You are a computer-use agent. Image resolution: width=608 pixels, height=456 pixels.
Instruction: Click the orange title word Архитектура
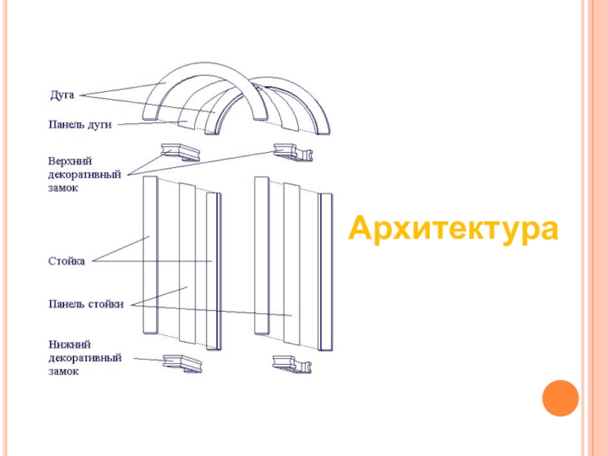coord(453,228)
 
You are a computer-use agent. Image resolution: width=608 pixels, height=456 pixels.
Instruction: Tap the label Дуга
coord(62,95)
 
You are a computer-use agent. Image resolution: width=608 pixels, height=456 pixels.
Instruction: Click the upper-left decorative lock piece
coord(179,150)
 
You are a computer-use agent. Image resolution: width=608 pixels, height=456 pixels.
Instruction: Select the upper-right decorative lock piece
coord(293,153)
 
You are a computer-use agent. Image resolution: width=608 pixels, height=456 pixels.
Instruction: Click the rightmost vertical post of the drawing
coord(326,271)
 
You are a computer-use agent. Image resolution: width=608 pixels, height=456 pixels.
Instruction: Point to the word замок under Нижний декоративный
coord(64,372)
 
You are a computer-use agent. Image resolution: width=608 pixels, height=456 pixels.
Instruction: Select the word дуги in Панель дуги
coord(99,125)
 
